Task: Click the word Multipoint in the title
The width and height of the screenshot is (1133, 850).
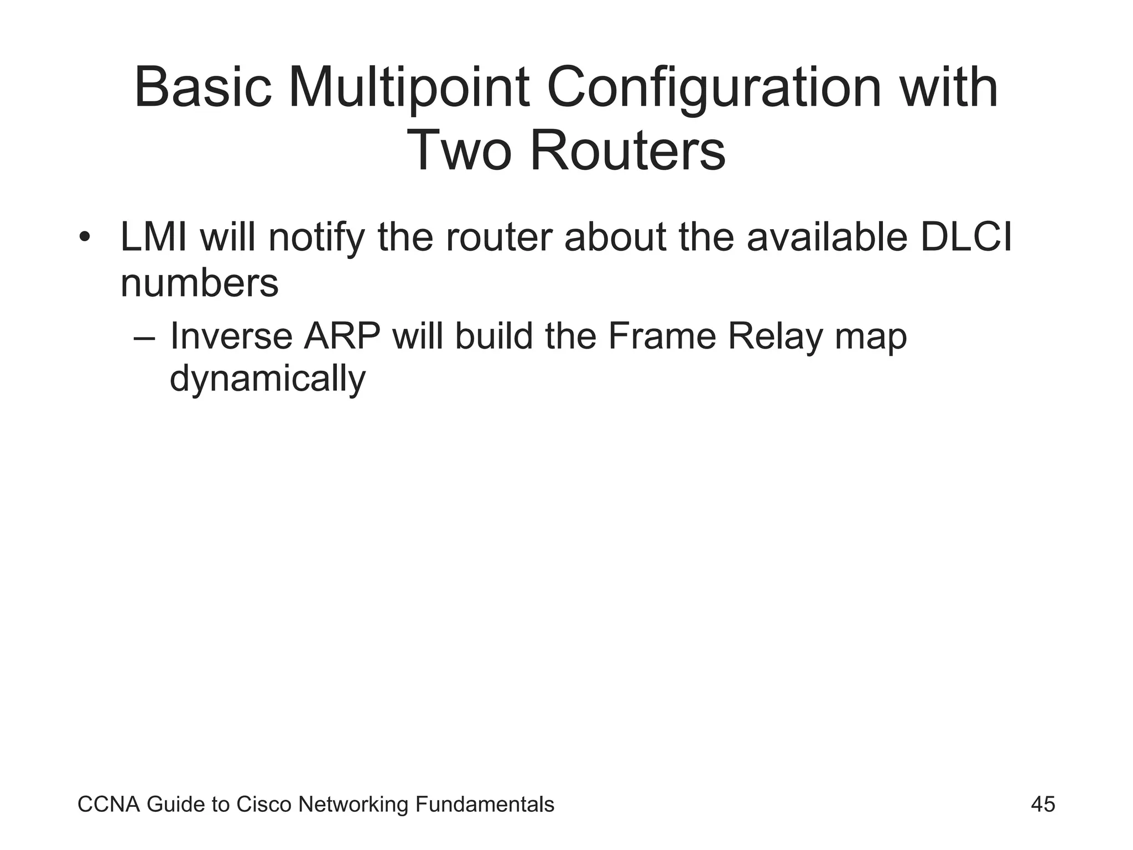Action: point(409,89)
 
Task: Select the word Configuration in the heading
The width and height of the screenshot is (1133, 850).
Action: point(714,89)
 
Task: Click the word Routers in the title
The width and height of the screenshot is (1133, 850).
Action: point(627,151)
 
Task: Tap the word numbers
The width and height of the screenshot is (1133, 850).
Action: point(199,283)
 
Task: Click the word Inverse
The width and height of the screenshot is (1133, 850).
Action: point(231,336)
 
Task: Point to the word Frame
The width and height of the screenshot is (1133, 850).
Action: point(662,336)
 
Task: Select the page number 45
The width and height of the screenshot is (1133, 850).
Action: point(1043,804)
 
